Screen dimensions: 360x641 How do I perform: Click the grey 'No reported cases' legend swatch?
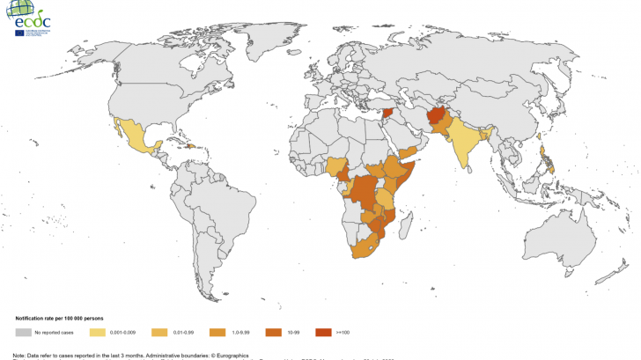point(24,333)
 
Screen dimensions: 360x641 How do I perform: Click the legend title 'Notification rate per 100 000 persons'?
point(61,317)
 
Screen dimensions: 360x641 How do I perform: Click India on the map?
point(466,141)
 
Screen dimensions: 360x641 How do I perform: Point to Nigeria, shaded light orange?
point(337,166)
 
